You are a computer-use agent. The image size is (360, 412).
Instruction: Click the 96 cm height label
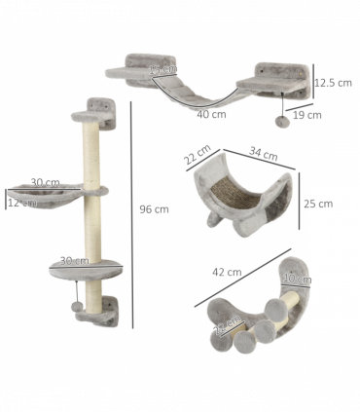pyautogui.click(x=154, y=209)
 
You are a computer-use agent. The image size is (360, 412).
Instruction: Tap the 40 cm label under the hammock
pyautogui.click(x=211, y=114)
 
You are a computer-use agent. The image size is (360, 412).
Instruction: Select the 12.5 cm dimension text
pyautogui.click(x=333, y=83)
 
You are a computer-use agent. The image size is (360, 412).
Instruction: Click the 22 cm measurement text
pyautogui.click(x=198, y=156)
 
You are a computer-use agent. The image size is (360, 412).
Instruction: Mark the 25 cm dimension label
pyautogui.click(x=318, y=204)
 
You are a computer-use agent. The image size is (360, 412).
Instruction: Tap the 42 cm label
pyautogui.click(x=226, y=272)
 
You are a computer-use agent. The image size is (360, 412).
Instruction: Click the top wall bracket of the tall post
pyautogui.click(x=100, y=106)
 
